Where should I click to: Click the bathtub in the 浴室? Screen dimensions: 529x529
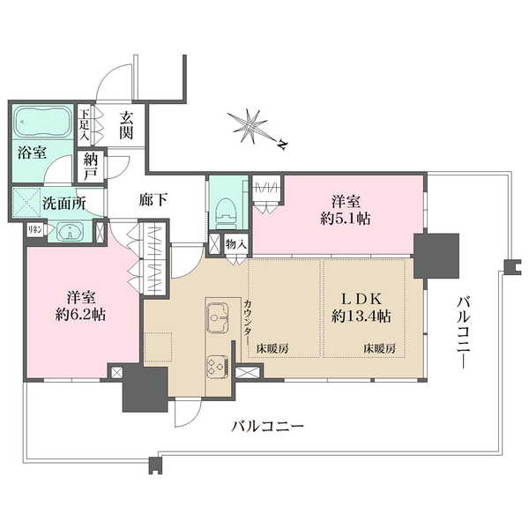tap(42, 122)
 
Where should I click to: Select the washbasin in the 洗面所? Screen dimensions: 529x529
tap(70, 231)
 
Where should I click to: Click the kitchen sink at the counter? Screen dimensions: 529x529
tap(217, 317)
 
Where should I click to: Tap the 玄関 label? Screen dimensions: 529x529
tap(126, 125)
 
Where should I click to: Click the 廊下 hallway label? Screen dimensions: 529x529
tap(153, 200)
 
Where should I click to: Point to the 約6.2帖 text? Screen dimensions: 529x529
tap(80, 315)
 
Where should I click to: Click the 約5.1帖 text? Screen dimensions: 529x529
tap(345, 219)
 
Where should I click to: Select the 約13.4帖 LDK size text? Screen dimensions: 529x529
tap(361, 317)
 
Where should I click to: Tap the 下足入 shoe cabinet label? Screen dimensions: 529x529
tap(84, 124)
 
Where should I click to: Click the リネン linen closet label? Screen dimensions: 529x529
tap(34, 230)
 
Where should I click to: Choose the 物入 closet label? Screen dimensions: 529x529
tap(236, 243)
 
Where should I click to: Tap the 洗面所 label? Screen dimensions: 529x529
tap(64, 204)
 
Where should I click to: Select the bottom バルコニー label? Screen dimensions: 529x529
tap(267, 427)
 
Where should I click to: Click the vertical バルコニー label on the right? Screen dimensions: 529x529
tap(463, 332)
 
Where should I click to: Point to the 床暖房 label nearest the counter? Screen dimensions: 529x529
tap(272, 348)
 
